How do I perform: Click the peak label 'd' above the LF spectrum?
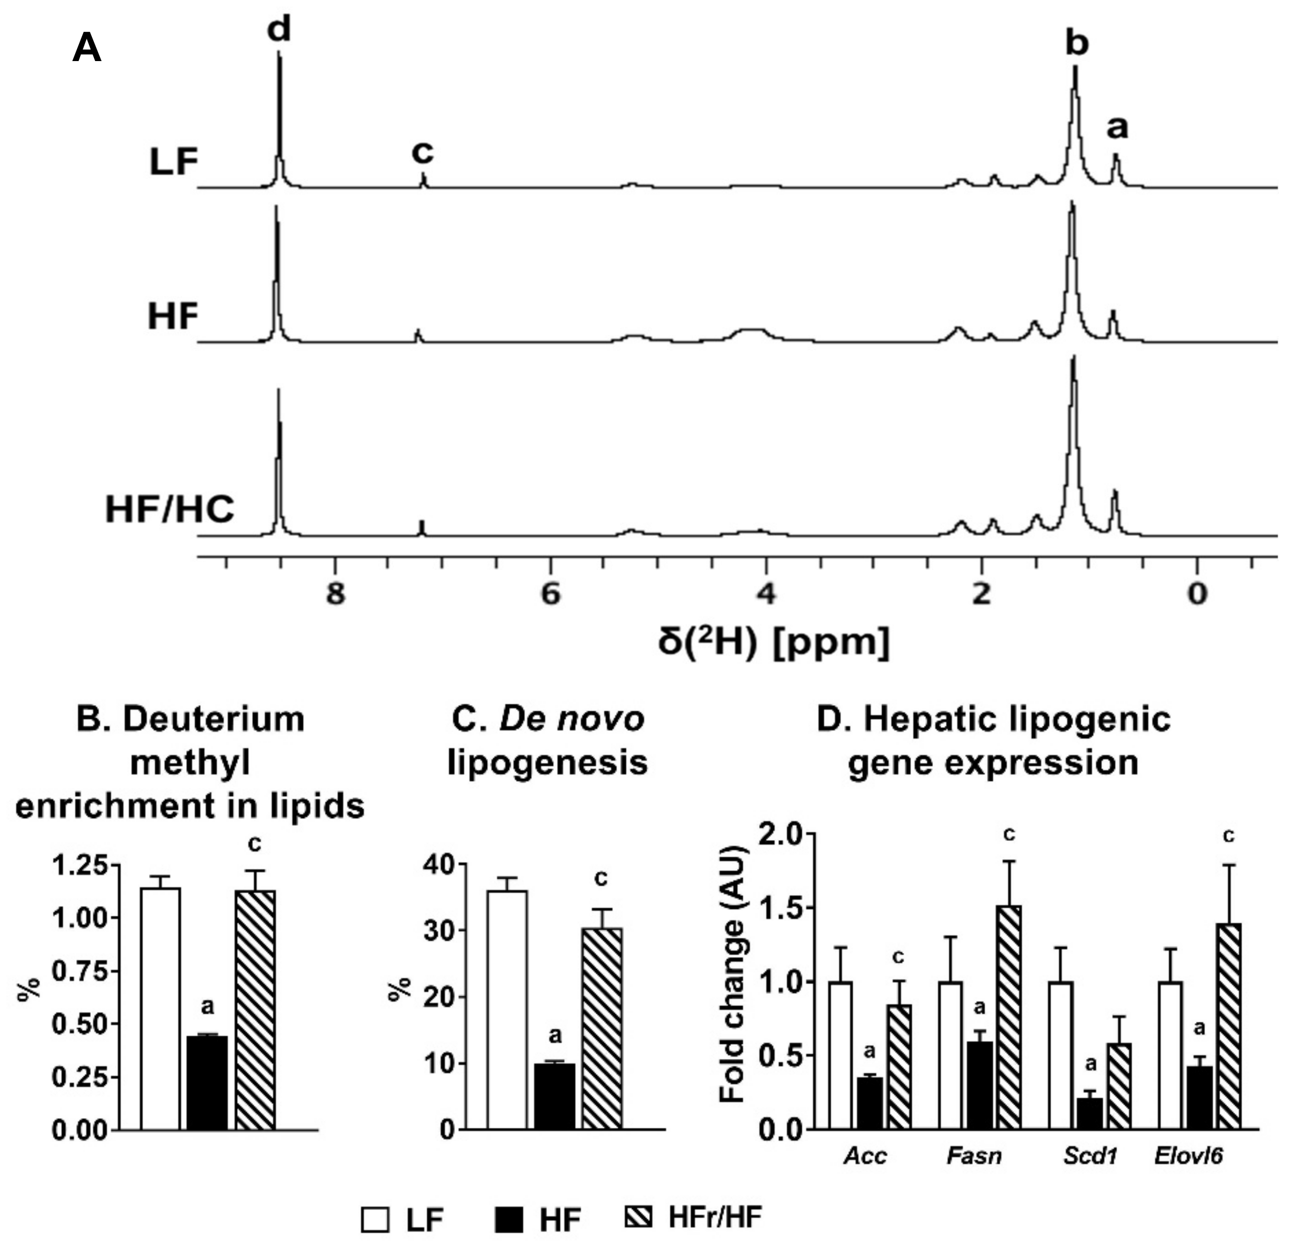[x=279, y=30]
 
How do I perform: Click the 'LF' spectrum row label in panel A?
[x=173, y=162]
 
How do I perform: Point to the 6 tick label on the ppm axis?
[x=551, y=594]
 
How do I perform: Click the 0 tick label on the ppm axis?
[x=1196, y=594]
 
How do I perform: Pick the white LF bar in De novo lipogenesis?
[x=507, y=1010]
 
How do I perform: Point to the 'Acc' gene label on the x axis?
[x=865, y=1156]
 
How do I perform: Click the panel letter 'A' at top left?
[x=86, y=48]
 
